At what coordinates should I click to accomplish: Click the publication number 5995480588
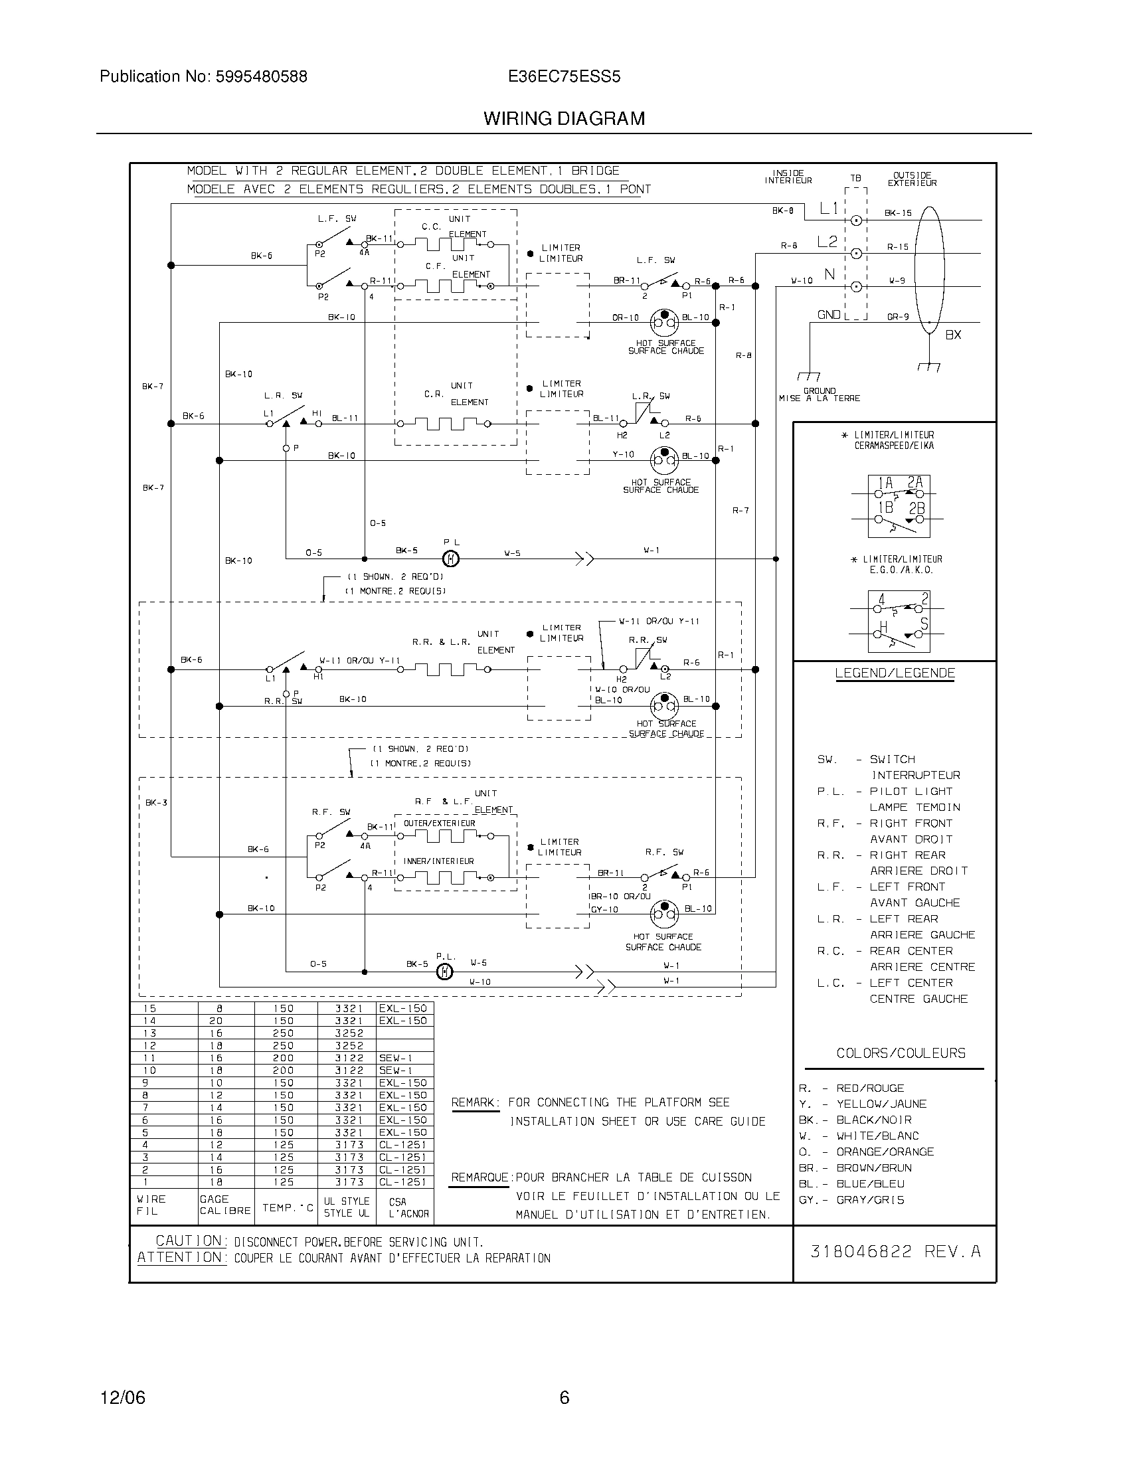click(260, 77)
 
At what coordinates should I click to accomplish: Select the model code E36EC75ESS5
click(564, 77)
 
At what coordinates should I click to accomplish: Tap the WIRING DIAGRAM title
click(564, 119)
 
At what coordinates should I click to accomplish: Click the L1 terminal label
click(829, 209)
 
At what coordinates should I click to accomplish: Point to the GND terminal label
click(829, 314)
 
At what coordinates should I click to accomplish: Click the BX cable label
click(953, 335)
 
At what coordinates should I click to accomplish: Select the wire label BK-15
click(898, 213)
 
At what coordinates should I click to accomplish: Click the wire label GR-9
click(898, 317)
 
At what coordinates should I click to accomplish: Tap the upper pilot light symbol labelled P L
click(452, 558)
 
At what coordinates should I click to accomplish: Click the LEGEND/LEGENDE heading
click(895, 673)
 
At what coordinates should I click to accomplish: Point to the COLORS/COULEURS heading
click(901, 1054)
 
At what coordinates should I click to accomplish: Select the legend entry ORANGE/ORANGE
click(885, 1152)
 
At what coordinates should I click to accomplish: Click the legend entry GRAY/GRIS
click(870, 1200)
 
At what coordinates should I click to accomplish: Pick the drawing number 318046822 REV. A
click(895, 1252)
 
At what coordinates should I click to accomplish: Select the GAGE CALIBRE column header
click(224, 1205)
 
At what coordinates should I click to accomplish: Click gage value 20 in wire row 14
click(215, 1021)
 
